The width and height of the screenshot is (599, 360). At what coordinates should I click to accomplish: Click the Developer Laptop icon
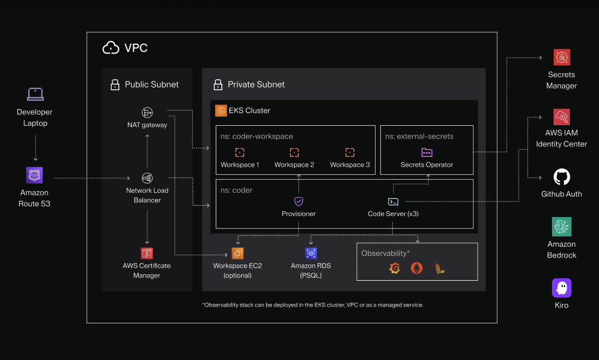35,94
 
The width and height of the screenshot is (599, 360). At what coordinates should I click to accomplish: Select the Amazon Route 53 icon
35,175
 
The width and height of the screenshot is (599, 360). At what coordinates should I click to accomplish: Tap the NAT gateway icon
147,112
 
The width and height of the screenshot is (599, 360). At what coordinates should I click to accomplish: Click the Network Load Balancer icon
147,178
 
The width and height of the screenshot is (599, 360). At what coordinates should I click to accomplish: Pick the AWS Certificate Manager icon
147,253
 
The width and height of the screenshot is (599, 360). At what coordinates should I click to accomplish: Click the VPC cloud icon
111,48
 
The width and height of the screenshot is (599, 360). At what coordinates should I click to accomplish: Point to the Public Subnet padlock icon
114,85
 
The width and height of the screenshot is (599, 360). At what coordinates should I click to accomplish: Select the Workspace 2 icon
294,153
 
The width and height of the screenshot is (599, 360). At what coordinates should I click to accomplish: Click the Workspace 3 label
350,165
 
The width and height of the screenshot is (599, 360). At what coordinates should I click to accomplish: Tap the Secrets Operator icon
427,153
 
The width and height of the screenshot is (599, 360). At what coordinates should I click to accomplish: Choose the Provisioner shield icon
298,201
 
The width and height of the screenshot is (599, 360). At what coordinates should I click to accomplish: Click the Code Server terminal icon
393,201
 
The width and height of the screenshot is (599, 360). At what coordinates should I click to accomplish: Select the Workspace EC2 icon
237,253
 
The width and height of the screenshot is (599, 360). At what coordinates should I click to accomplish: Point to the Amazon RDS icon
311,253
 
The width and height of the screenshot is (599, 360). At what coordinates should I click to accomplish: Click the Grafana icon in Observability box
394,268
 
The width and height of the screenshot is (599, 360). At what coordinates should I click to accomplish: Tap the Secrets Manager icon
561,57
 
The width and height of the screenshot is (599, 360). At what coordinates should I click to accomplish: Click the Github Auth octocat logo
562,177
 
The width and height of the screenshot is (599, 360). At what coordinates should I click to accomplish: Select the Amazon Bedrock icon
561,227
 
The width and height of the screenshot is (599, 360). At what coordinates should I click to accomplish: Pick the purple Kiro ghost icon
561,288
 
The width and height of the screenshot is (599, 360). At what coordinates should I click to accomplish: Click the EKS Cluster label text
249,111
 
